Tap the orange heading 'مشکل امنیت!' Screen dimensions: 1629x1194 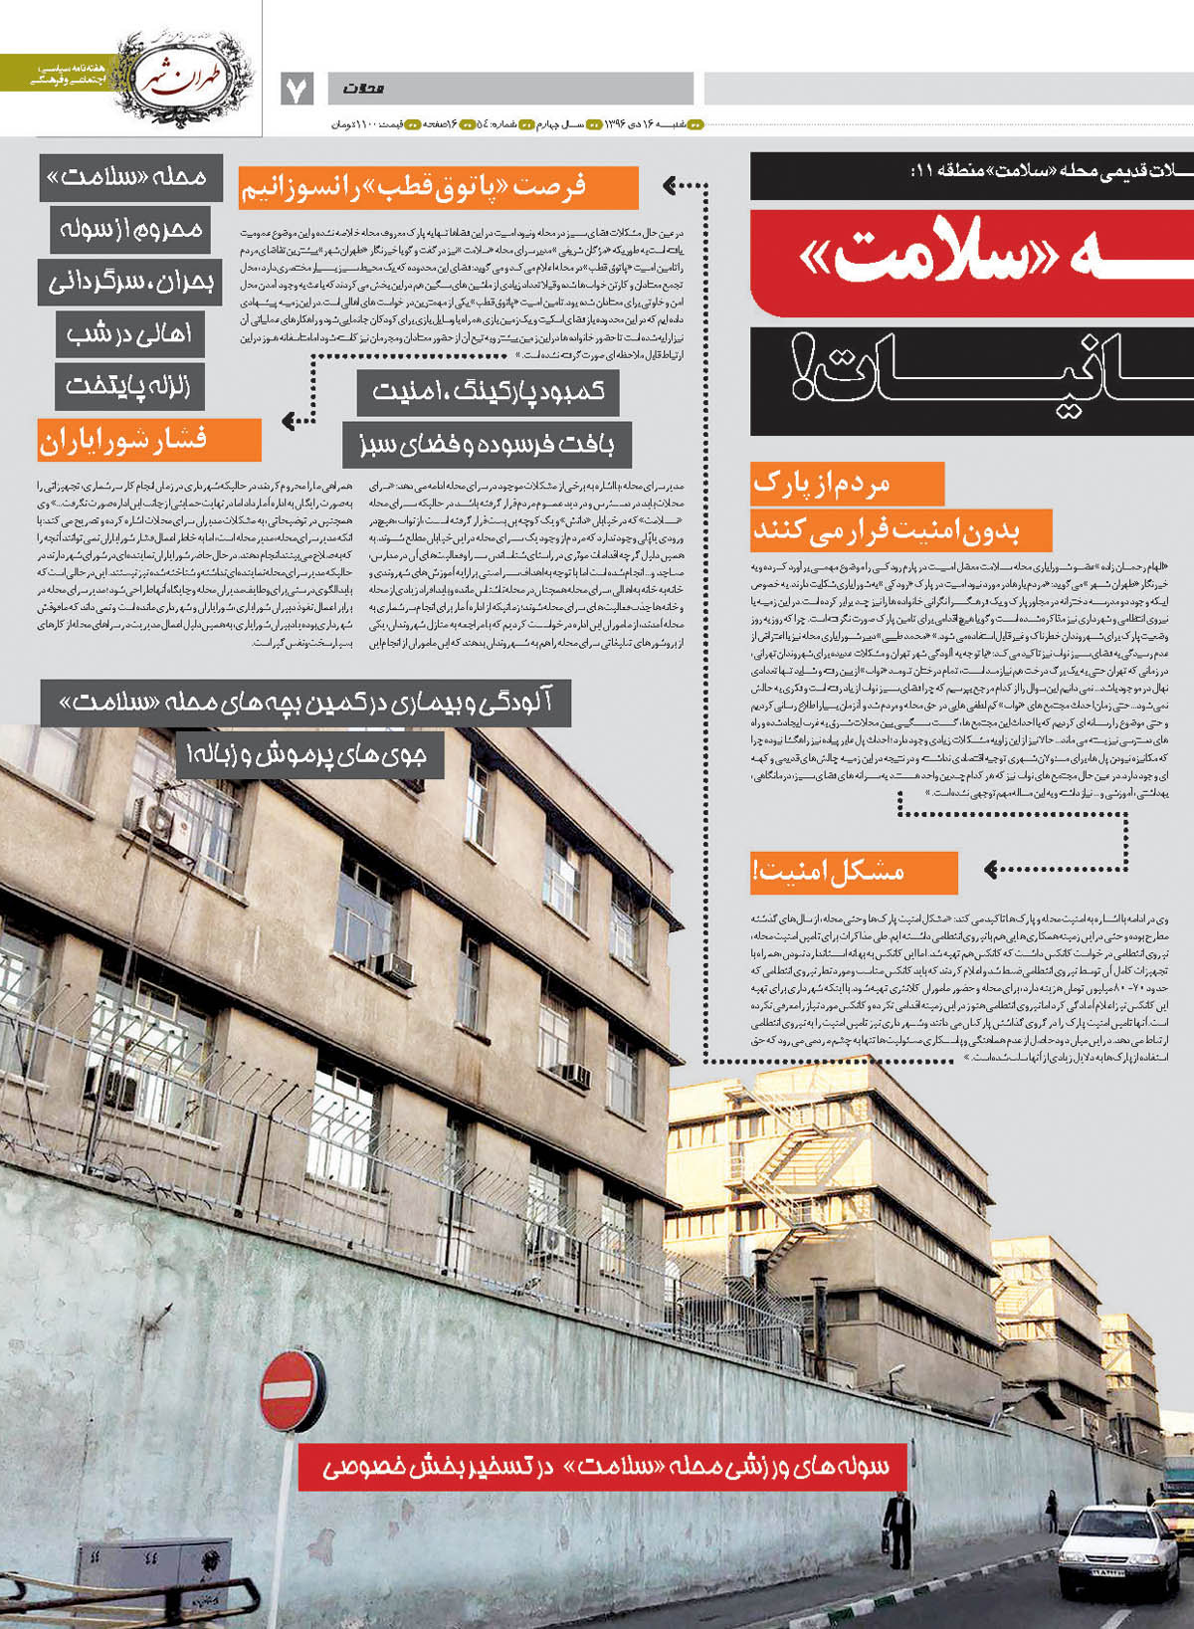(853, 873)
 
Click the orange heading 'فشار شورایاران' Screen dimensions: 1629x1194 (149, 440)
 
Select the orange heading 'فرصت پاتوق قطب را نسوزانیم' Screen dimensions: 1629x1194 (438, 187)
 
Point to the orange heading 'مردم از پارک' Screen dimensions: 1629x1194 (847, 485)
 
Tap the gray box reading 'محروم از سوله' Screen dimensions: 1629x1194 (128, 230)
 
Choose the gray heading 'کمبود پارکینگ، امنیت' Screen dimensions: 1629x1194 (488, 392)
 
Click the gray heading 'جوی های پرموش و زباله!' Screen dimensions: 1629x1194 (309, 756)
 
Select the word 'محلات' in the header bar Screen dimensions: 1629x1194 (364, 89)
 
